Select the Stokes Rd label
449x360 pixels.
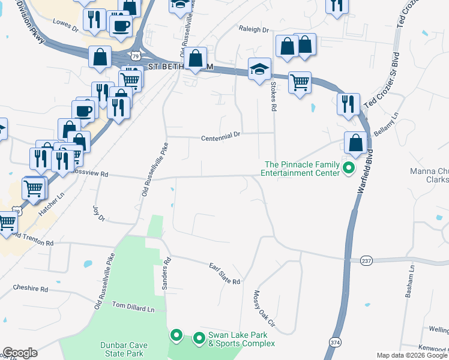[x=273, y=97]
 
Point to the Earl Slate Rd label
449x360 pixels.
[x=224, y=274]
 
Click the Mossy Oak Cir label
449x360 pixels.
[x=264, y=308]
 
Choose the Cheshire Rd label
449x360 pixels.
[x=30, y=289]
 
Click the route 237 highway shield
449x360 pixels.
[x=368, y=260]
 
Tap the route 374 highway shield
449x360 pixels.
[x=335, y=341]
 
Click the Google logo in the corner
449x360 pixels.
[x=20, y=353]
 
